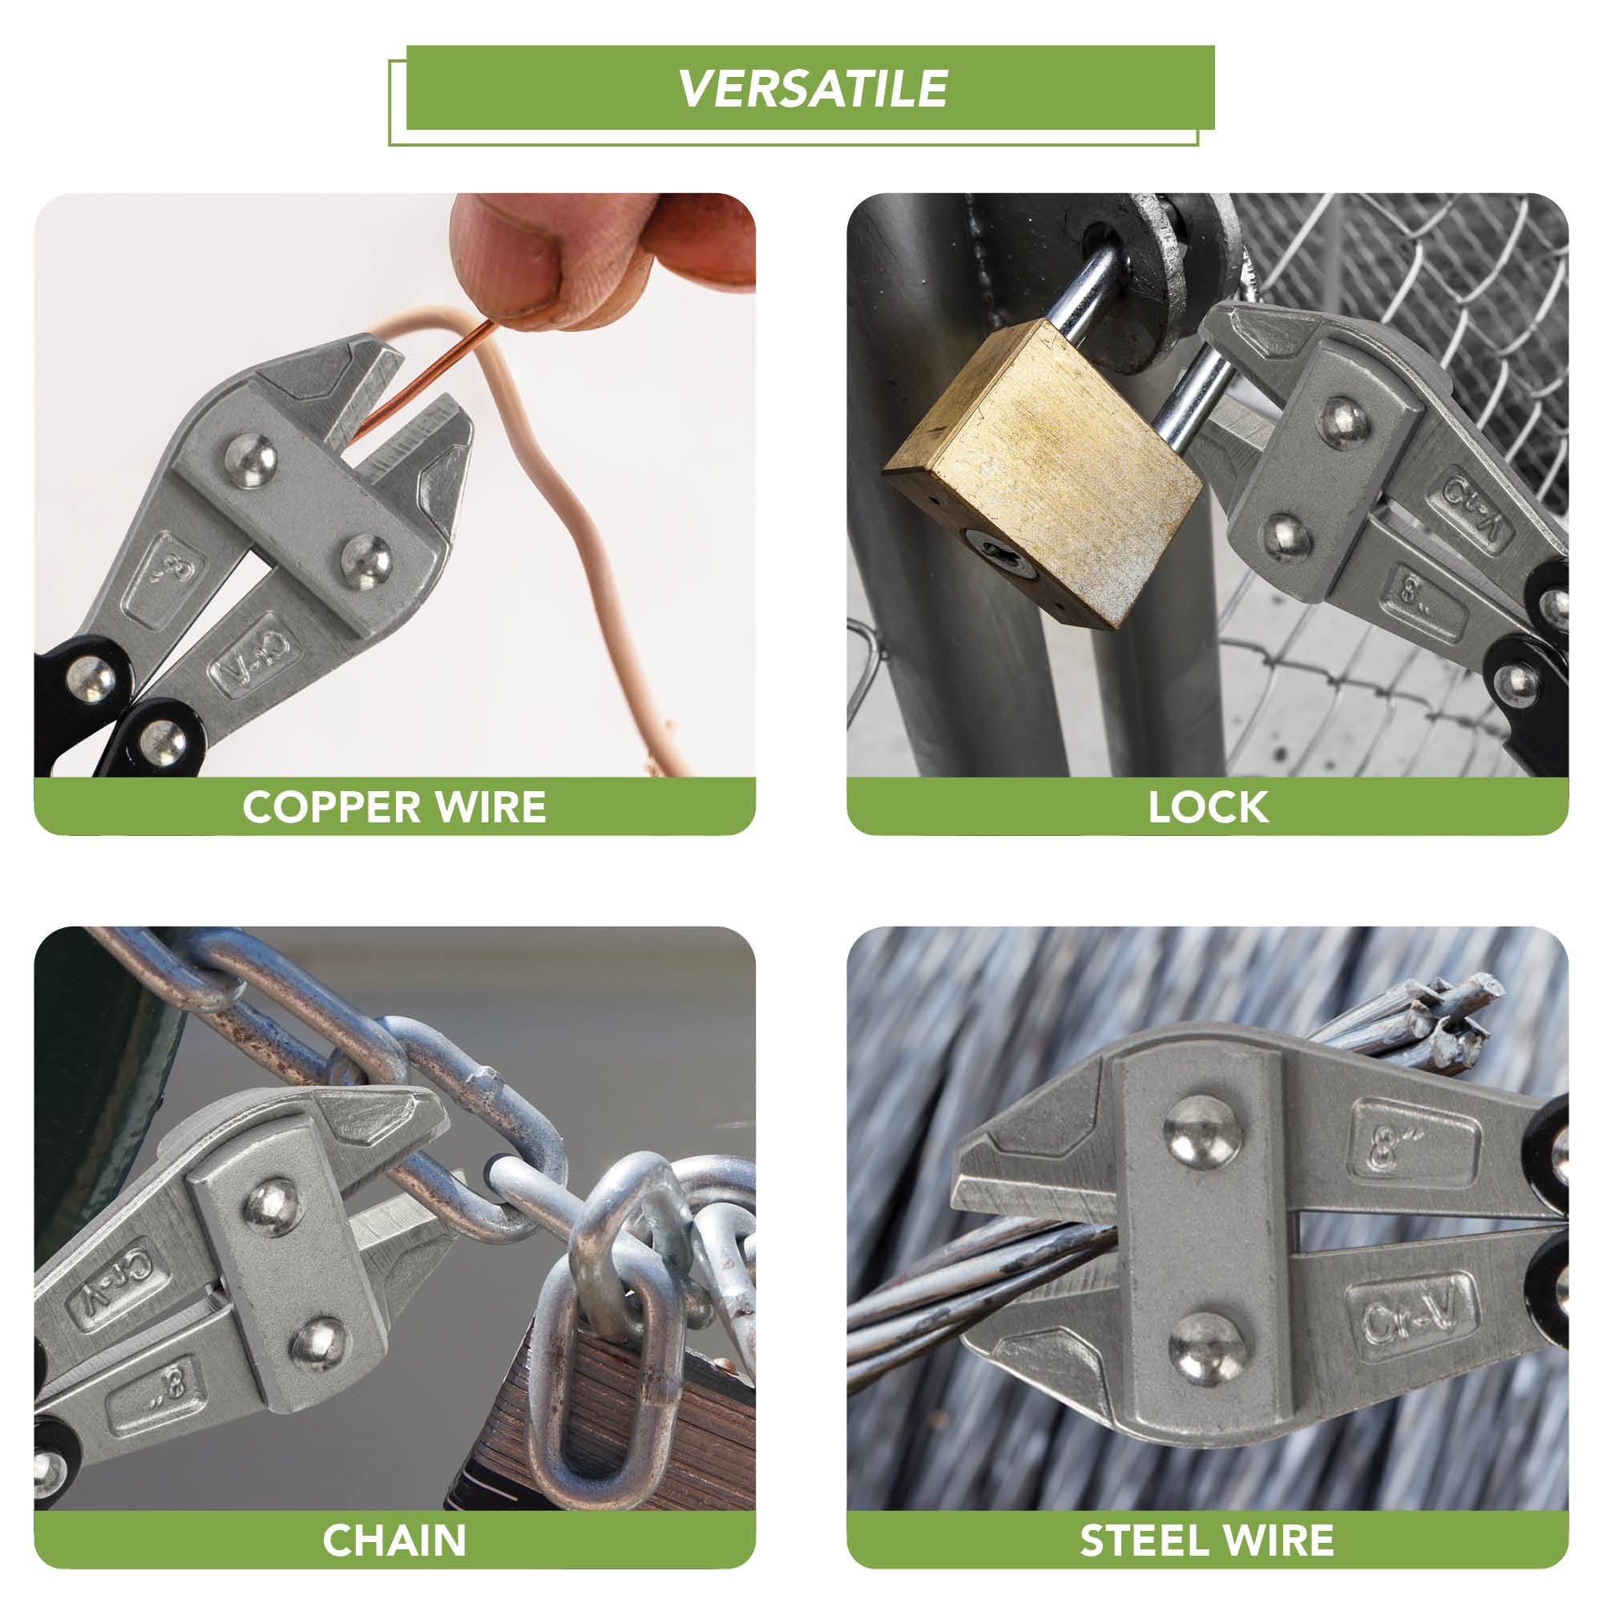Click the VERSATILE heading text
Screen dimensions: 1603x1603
[813, 88]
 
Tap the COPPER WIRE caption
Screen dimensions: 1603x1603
[394, 806]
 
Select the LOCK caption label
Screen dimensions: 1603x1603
[1208, 806]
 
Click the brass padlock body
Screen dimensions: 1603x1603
[1043, 473]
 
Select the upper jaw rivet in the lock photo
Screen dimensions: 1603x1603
[1343, 424]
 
